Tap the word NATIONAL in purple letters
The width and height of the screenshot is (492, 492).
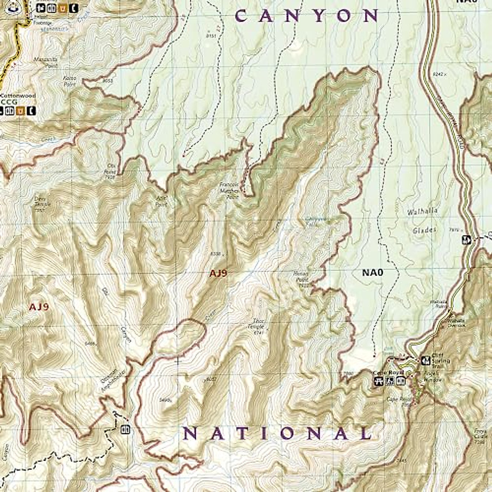[278, 433]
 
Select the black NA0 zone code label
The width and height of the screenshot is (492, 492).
[372, 272]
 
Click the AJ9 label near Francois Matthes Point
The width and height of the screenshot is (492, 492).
[218, 274]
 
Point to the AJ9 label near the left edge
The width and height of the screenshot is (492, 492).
[39, 307]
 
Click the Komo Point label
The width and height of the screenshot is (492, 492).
[70, 80]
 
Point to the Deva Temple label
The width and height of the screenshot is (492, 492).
[42, 204]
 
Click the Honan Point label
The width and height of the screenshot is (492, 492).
[301, 277]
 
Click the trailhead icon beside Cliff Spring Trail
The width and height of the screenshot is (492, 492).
[426, 360]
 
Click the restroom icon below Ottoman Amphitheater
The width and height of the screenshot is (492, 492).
[125, 430]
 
